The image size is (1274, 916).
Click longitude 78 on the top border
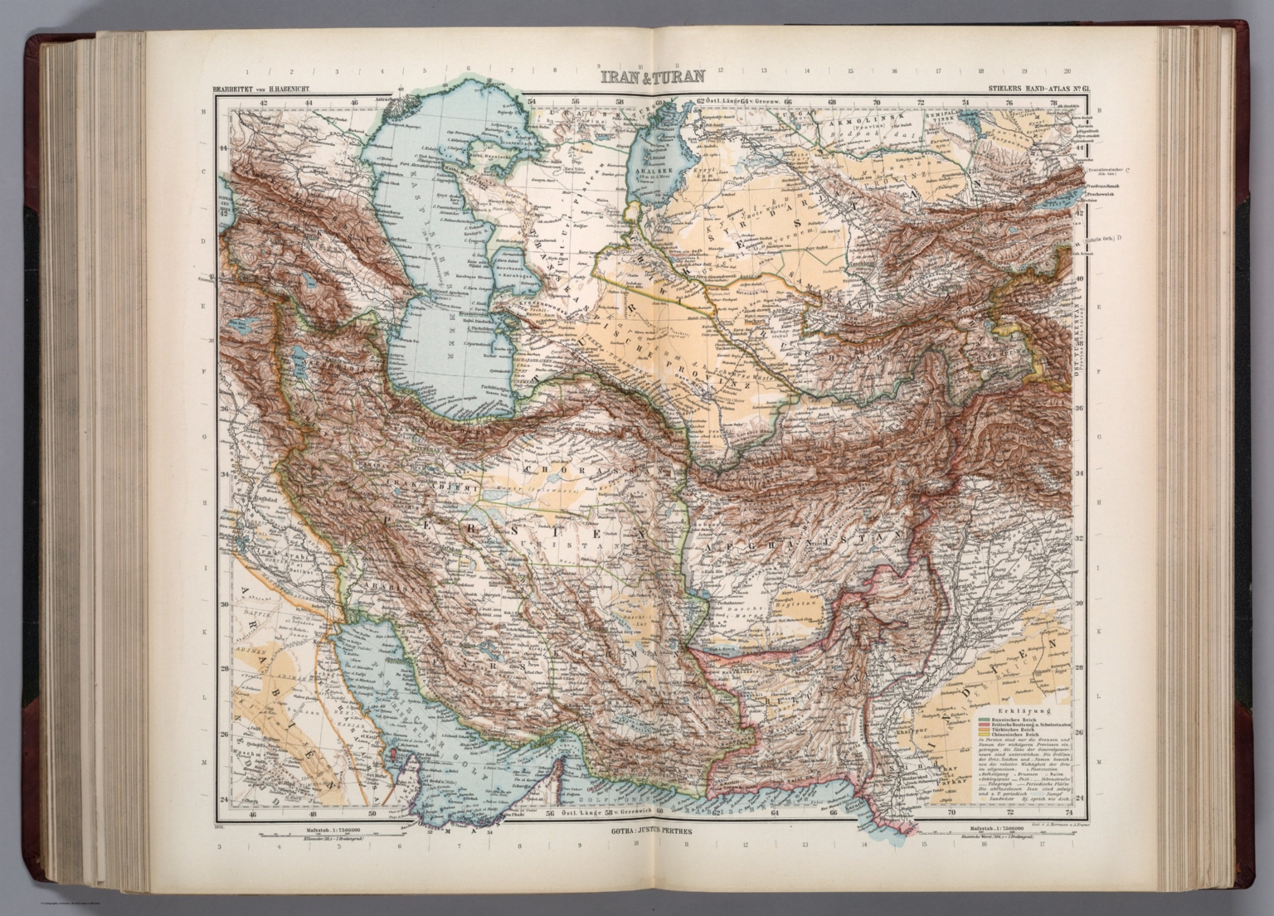pyautogui.click(x=1053, y=103)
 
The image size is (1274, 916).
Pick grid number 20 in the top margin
pyautogui.click(x=1067, y=72)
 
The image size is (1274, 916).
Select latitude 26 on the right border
pyautogui.click(x=1080, y=734)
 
